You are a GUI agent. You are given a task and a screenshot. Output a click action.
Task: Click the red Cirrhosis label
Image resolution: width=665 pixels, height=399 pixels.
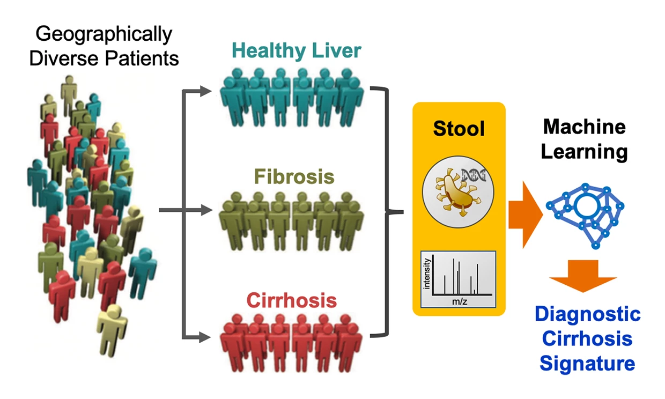[x=292, y=300]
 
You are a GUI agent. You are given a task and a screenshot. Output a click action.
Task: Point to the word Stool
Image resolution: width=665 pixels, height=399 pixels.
[x=459, y=129]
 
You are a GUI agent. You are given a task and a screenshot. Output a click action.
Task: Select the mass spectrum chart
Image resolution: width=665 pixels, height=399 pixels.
[x=459, y=279]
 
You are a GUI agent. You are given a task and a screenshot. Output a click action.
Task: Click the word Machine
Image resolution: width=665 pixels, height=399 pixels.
[x=584, y=127]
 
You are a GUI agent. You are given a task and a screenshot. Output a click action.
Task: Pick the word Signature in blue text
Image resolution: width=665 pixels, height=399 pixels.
[x=587, y=364]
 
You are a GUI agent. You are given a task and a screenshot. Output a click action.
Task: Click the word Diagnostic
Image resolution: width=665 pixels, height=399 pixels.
[x=587, y=314]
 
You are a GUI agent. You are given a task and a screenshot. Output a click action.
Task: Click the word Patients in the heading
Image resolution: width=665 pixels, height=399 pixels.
[x=145, y=58]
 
